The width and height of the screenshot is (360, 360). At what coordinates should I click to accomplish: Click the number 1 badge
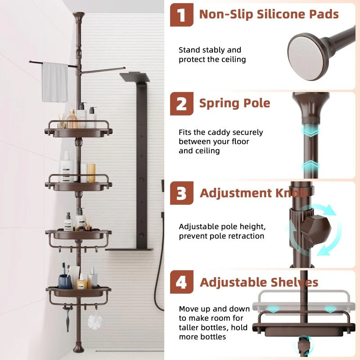click(182, 15)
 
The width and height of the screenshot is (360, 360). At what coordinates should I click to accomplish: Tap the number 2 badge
click(182, 103)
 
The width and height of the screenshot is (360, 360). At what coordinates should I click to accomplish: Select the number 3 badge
click(182, 193)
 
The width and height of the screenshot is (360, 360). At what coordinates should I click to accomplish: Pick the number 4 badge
click(182, 282)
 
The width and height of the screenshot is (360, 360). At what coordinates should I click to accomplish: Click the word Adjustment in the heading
click(235, 193)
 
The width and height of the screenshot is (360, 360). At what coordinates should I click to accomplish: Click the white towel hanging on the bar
click(54, 82)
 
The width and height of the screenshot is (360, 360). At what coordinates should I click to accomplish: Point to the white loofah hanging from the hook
click(94, 322)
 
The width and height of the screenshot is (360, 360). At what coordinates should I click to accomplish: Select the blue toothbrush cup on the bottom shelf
click(65, 281)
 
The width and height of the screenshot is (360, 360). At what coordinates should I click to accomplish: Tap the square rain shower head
click(135, 77)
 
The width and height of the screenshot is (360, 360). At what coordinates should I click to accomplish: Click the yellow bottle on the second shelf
click(92, 173)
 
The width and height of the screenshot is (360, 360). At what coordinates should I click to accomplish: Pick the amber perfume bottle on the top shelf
click(72, 119)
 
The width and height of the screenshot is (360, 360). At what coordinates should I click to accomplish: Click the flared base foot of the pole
click(78, 346)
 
